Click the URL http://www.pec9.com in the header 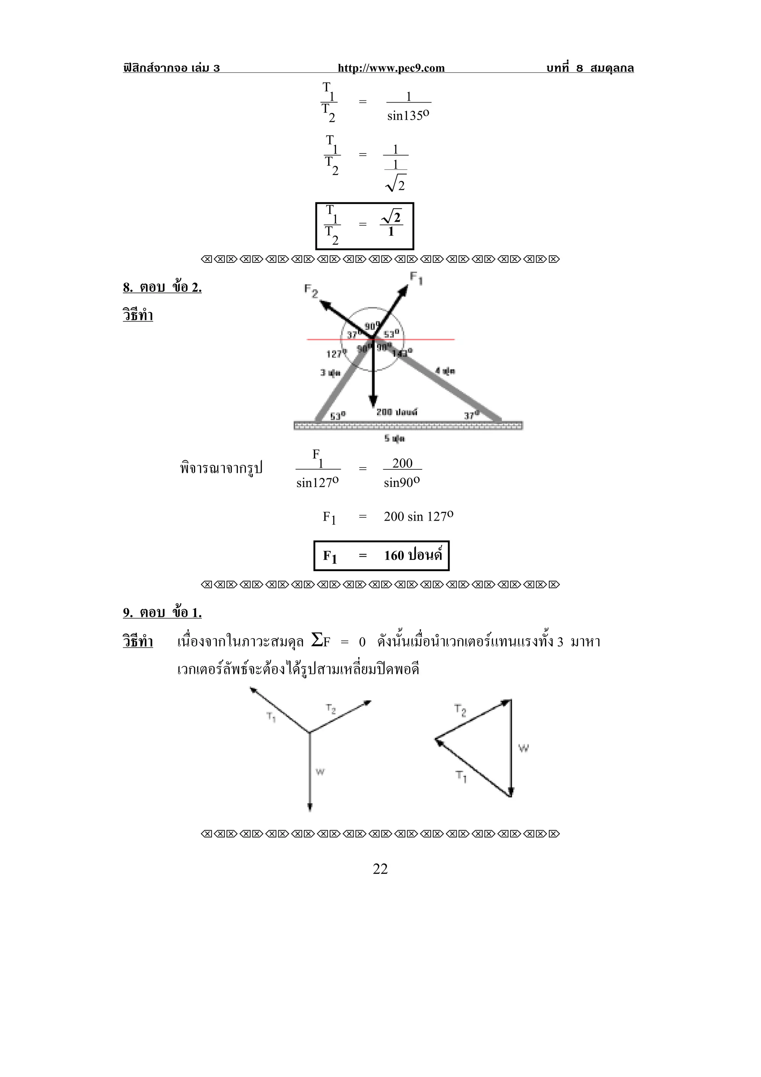click(391, 68)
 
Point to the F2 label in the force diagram click(311, 291)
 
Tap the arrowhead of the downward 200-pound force click(373, 401)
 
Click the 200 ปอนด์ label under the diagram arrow click(397, 412)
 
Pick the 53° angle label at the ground click(338, 415)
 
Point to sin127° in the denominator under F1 click(317, 483)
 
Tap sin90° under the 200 click(402, 483)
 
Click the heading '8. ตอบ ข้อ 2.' click(162, 287)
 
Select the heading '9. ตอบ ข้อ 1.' click(162, 612)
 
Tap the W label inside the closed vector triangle click(523, 748)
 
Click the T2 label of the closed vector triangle click(460, 710)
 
